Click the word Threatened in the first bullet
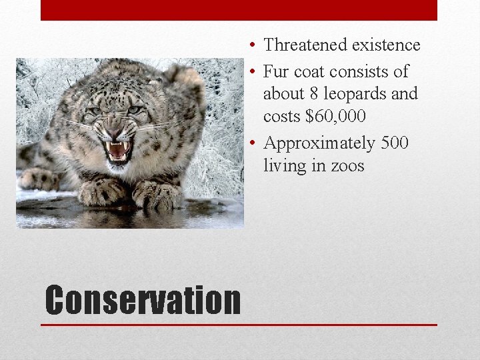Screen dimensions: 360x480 coord(305,45)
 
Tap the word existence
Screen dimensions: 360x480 coord(386,45)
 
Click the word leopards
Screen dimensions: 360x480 coord(354,93)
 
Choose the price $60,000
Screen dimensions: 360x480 coord(335,116)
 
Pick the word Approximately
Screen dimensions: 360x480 coord(319,143)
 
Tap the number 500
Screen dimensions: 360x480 coord(394,143)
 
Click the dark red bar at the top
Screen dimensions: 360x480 coord(239,10)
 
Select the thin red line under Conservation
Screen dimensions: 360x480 coord(239,325)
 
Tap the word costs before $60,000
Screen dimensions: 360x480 coord(282,116)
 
